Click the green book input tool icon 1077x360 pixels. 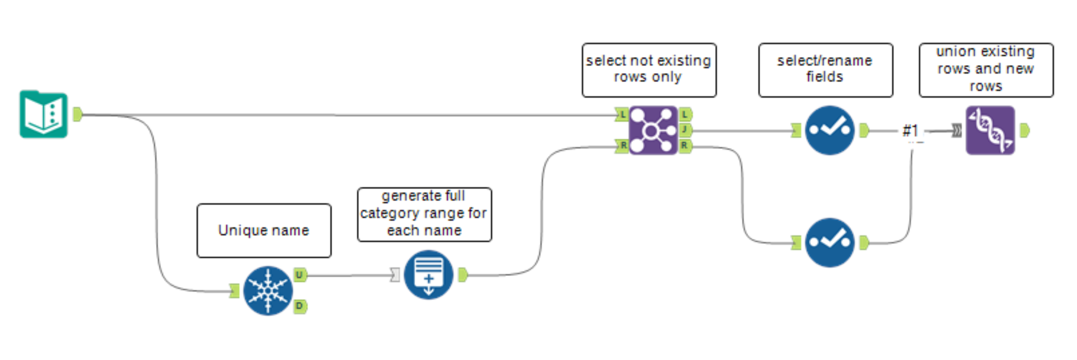44,114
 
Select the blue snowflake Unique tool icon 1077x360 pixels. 268,290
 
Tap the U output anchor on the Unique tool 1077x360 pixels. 300,275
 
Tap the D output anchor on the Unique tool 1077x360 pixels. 300,306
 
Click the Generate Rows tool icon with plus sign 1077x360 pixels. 429,275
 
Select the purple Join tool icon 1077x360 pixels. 653,130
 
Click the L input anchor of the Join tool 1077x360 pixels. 622,114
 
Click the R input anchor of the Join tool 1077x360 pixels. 622,145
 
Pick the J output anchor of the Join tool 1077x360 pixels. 685,130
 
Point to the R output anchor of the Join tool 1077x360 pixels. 685,145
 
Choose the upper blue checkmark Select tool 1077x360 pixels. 829,130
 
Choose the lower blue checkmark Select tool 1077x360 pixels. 829,242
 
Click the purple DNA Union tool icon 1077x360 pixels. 990,130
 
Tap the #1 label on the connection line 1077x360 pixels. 910,130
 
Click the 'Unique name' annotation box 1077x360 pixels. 264,231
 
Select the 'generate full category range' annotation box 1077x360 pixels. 424,214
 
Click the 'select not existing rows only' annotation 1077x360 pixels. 648,70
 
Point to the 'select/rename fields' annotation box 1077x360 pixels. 825,70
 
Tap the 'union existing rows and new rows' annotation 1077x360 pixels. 986,70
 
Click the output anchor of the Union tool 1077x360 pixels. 1024,130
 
